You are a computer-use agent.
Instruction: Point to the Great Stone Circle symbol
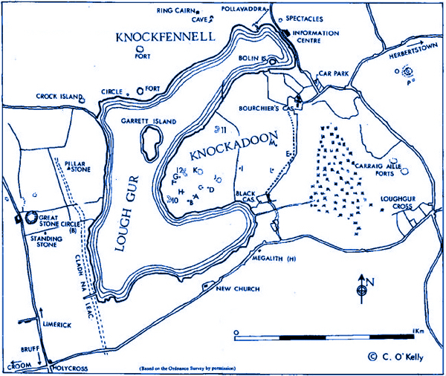point(30,218)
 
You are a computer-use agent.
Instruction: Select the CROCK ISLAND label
point(58,97)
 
